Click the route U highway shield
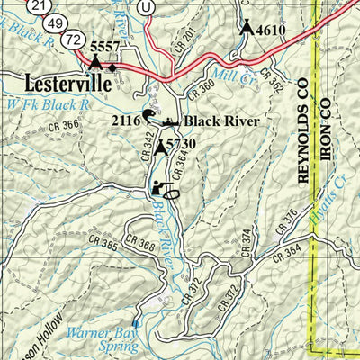(x=148, y=4)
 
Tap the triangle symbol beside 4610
(x=247, y=27)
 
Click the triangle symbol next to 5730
(x=161, y=146)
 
